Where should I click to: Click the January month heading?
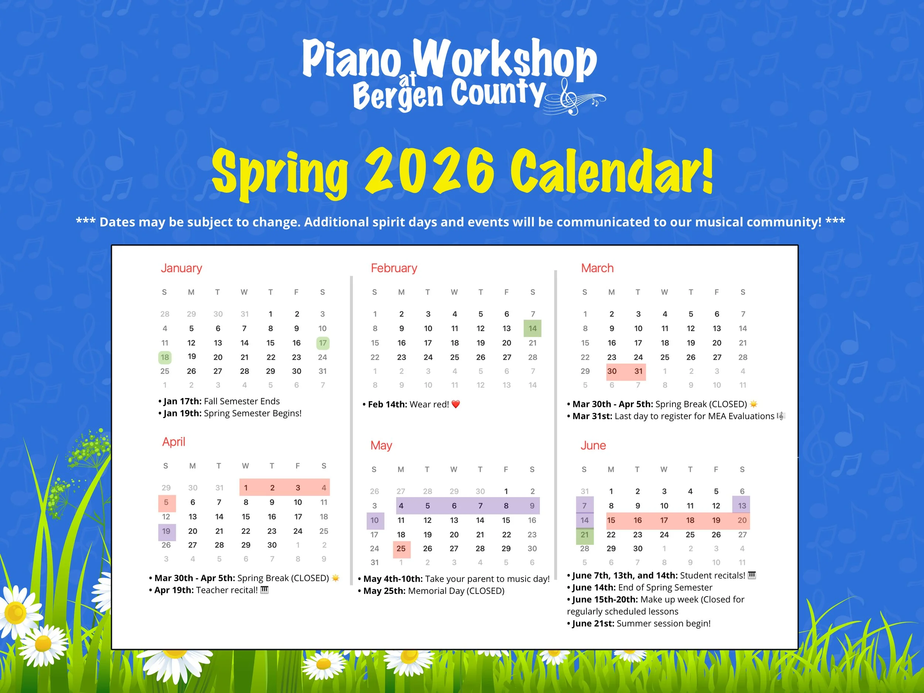pos(181,268)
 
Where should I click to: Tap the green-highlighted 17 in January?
pos(323,343)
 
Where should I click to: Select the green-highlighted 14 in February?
pos(533,328)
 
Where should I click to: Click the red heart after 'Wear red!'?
pos(456,404)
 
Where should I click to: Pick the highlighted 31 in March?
pos(638,371)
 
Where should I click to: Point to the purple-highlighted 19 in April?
pos(166,531)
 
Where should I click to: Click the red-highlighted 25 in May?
pos(401,549)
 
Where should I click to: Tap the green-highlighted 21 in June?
pos(584,535)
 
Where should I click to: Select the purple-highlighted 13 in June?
pos(742,506)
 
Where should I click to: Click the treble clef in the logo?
pos(569,97)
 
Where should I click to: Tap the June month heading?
pos(593,446)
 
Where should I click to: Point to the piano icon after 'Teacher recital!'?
pos(264,590)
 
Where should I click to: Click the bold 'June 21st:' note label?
pos(593,624)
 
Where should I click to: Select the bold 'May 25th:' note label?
pos(384,591)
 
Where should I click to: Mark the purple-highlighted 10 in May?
pos(375,520)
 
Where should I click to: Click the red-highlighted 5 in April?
pos(166,503)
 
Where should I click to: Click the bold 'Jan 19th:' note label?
pos(183,414)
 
